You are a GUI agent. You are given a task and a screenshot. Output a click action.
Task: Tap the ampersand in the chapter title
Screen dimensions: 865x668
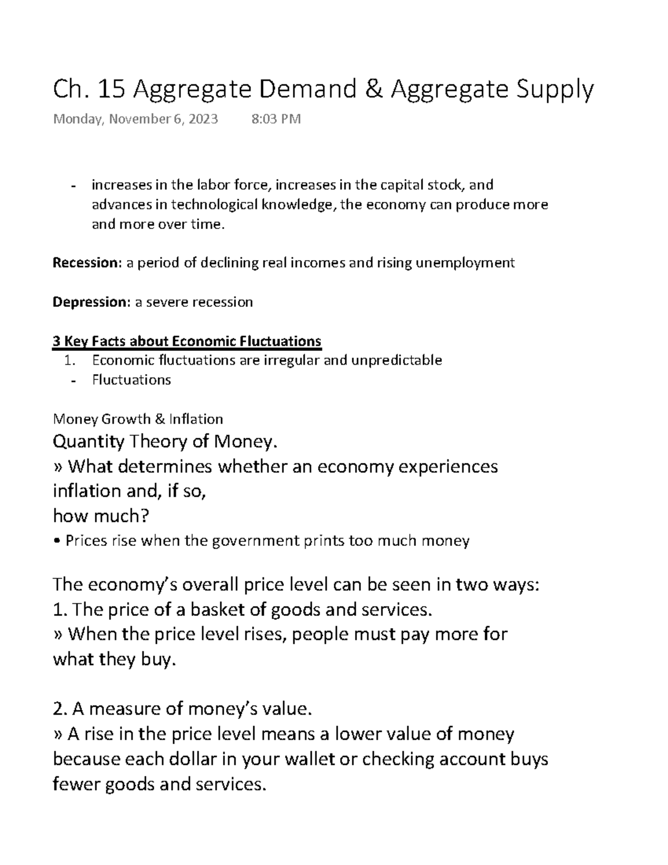click(x=372, y=89)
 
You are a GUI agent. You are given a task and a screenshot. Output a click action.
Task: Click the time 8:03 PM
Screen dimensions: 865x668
click(x=276, y=119)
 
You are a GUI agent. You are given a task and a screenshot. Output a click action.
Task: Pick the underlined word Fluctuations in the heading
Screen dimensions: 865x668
click(x=281, y=341)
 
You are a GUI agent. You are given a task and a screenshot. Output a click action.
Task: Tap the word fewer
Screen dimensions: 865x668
click(x=76, y=784)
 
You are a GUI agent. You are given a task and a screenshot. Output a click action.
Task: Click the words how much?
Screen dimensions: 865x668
click(x=101, y=516)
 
